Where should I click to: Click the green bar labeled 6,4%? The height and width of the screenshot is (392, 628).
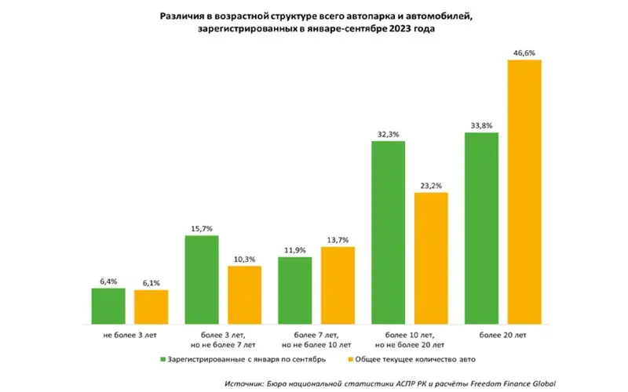pos(108,307)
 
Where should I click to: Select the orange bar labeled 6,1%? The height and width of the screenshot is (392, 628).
pos(151,307)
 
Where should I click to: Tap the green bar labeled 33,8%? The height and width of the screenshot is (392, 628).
pos(481,228)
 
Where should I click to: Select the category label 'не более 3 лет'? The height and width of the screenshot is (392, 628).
pos(130,336)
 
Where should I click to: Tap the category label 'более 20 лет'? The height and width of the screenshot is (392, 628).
pos(502,336)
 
